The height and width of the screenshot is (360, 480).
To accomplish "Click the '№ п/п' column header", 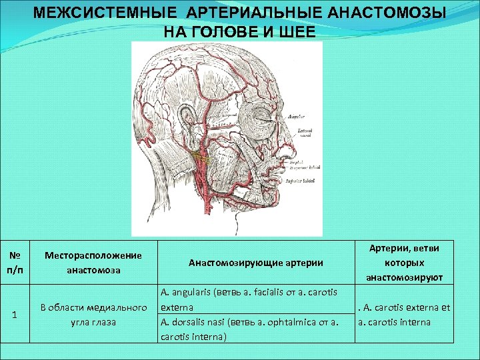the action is point(14,262).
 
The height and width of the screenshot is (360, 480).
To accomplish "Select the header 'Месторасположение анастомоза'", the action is point(93,263).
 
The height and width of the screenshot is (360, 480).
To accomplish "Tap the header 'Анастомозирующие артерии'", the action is point(255,263).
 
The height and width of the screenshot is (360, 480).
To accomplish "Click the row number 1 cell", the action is point(14,315).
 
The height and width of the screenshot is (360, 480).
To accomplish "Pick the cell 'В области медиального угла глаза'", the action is point(93,315).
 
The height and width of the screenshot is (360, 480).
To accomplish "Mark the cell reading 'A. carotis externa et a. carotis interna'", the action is point(404,315).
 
